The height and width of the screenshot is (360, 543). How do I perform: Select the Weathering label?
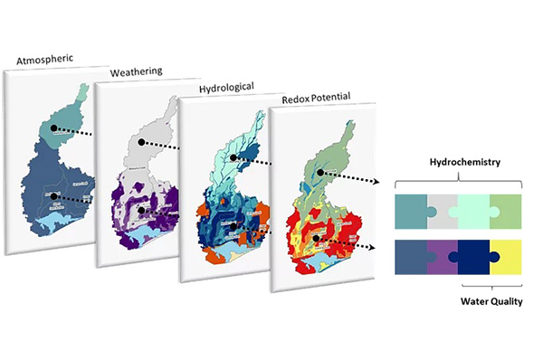pos(138,72)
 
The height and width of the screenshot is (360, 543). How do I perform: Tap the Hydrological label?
pos(221,86)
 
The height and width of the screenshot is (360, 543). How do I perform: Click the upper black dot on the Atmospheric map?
pos(54,129)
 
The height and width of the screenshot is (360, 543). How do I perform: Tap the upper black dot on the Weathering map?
pos(141,143)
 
